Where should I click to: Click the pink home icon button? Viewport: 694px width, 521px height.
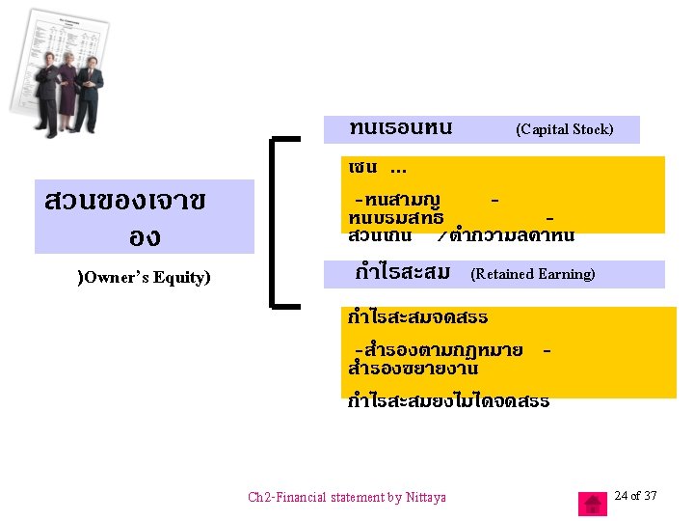(x=593, y=504)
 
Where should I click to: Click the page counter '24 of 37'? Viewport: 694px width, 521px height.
(x=635, y=496)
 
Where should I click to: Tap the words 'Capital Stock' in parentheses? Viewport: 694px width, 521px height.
(x=565, y=129)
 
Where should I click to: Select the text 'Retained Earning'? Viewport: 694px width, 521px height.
(x=533, y=275)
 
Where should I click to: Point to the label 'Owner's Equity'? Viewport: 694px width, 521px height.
(x=144, y=278)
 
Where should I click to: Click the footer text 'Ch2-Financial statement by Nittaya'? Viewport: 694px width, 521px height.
(x=347, y=498)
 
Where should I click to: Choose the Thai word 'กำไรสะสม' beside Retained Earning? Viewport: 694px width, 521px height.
(x=402, y=273)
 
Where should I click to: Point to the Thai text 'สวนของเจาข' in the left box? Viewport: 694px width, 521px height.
(x=124, y=202)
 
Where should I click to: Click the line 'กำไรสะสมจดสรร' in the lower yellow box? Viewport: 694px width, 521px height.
(x=418, y=316)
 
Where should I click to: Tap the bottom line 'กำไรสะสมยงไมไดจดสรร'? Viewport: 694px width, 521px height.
(x=448, y=400)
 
